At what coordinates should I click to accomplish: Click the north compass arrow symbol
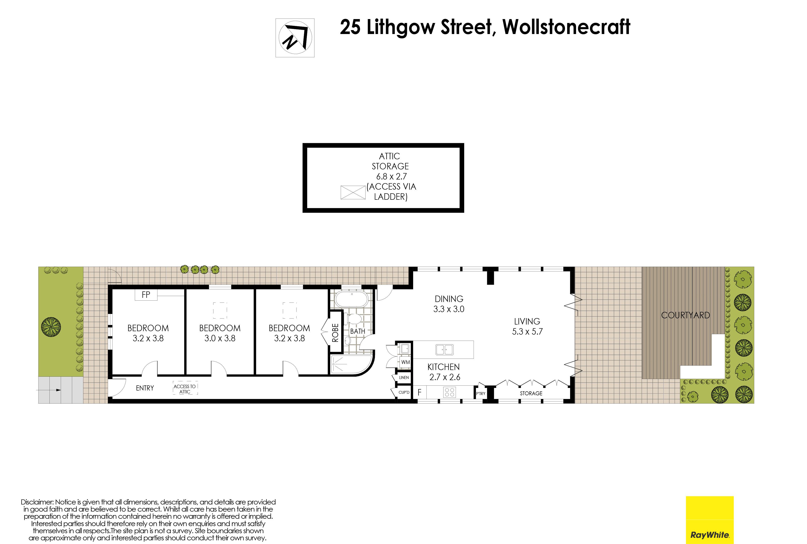[x=295, y=37]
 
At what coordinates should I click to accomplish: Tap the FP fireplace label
[x=146, y=295]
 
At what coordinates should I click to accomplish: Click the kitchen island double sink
[x=444, y=350]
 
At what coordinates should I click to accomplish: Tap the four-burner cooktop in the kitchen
[x=450, y=392]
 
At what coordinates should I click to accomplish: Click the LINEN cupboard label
[x=404, y=377]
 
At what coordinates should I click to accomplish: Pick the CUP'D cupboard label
[x=404, y=392]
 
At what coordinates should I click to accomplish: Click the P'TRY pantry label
[x=481, y=393]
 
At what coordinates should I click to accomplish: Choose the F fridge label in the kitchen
[x=419, y=392]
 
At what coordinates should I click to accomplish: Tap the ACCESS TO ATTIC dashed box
[x=185, y=389]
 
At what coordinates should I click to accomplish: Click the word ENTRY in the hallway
[x=145, y=388]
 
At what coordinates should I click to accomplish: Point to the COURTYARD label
[x=686, y=315]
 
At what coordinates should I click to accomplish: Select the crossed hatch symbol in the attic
[x=353, y=193]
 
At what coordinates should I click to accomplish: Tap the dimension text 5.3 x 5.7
[x=527, y=332]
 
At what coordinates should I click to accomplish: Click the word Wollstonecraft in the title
[x=566, y=27]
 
